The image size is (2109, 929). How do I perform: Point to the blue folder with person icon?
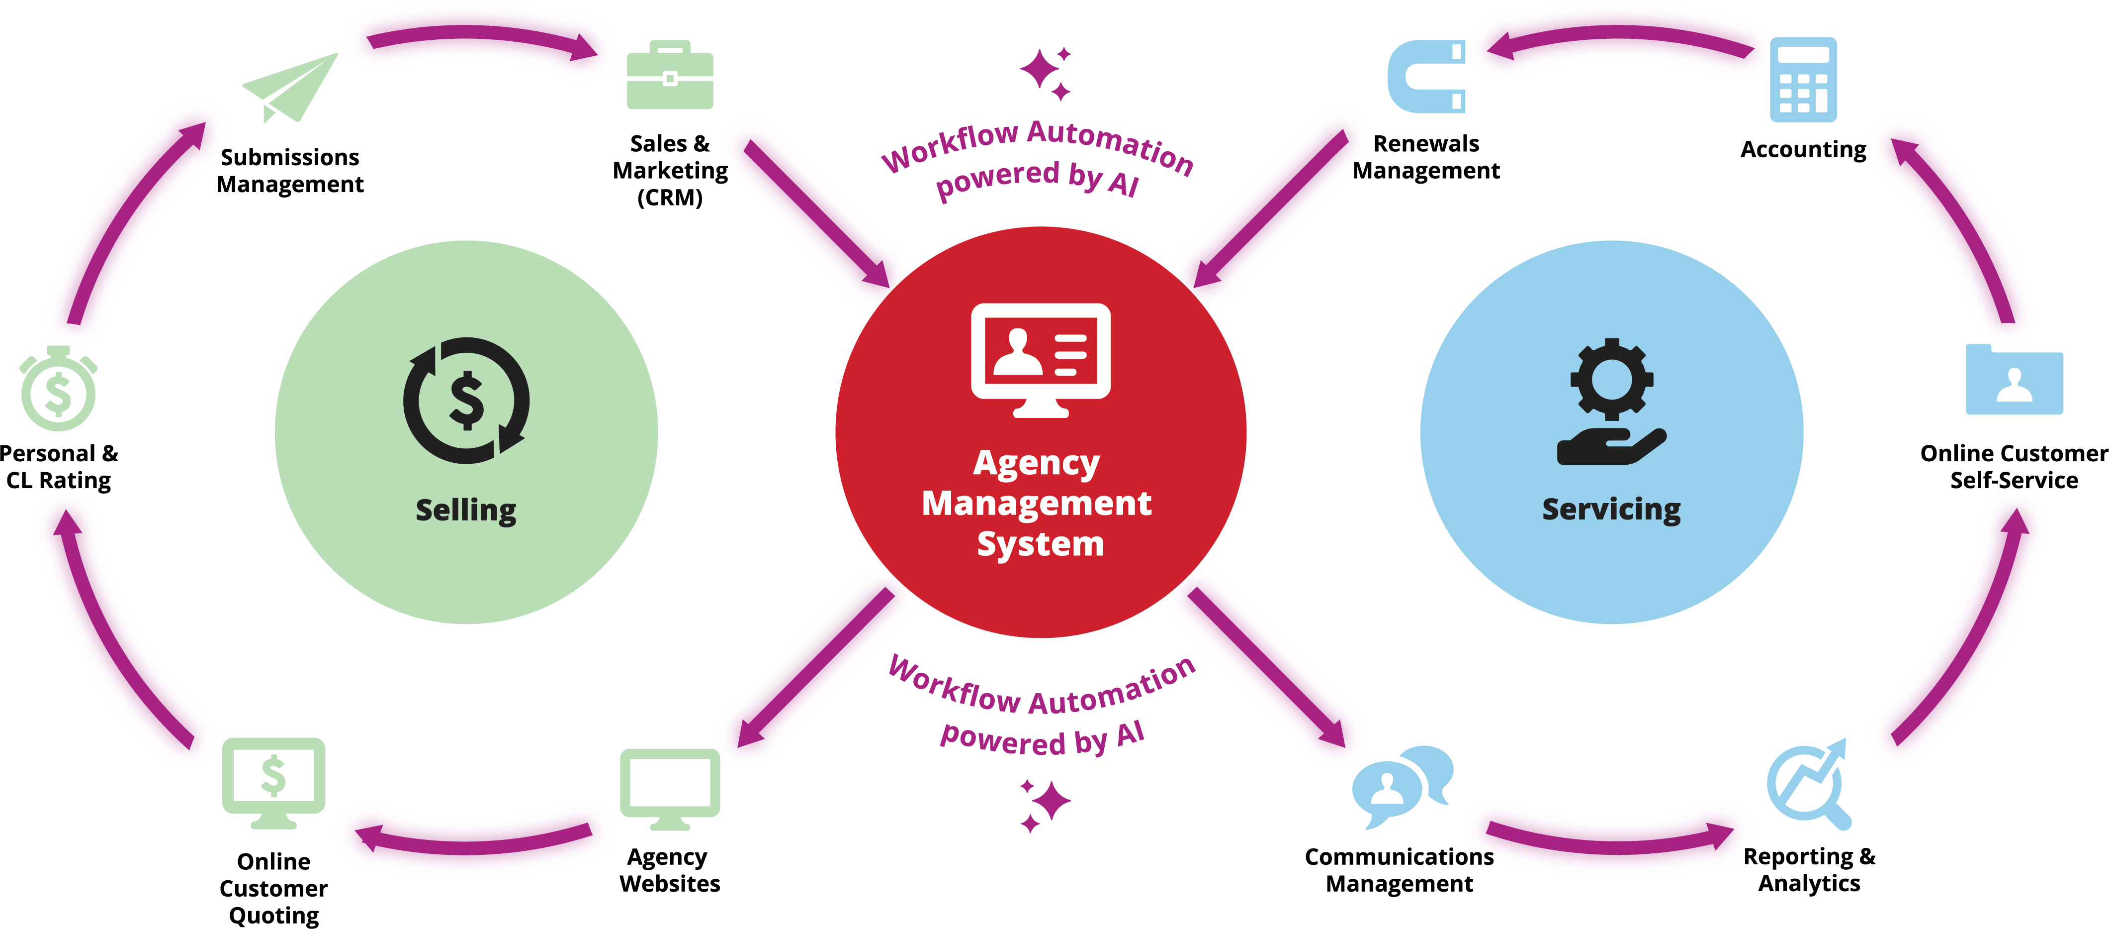point(2014,379)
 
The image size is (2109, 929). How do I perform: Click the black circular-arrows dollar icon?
point(466,401)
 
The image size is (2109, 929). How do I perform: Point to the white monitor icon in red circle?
point(1041,359)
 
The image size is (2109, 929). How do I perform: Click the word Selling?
point(466,511)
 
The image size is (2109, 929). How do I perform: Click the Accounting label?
point(1803,149)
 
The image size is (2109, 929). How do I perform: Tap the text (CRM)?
point(670,198)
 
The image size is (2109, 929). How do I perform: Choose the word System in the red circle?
point(1041,544)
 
